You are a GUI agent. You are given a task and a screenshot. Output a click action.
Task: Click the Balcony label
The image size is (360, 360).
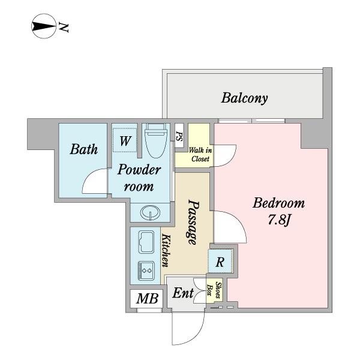[244, 98]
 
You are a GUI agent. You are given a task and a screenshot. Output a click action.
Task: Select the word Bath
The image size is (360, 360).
[84, 149]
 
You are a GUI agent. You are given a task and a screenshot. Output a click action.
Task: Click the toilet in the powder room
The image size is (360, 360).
[156, 140]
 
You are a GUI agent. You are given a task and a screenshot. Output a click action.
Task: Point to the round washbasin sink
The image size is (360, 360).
[150, 212]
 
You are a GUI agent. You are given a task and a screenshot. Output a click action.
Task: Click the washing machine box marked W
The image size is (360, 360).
[125, 140]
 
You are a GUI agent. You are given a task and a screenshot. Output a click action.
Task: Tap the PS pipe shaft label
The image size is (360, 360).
[179, 136]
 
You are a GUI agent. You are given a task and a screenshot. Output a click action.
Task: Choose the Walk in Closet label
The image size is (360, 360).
[200, 155]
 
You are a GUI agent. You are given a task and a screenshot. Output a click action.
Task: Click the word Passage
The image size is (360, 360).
[193, 222]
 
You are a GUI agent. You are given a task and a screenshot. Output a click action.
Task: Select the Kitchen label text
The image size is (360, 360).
[166, 250]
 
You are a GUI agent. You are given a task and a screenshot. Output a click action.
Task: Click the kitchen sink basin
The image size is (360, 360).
[146, 242]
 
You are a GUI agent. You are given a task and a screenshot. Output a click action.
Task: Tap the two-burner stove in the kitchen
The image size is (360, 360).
[146, 271]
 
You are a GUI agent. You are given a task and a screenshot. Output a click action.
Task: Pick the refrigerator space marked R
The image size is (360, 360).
[220, 261]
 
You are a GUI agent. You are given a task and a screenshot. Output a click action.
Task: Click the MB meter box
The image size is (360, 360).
[147, 299]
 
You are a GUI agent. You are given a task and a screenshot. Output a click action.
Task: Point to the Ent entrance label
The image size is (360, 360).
[183, 293]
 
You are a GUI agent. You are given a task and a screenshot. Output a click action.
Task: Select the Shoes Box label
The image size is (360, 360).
[214, 290]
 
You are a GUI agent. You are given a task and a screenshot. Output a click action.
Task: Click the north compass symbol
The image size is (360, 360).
[44, 26]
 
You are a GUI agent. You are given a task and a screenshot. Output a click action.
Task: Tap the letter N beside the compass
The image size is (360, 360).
[64, 28]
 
